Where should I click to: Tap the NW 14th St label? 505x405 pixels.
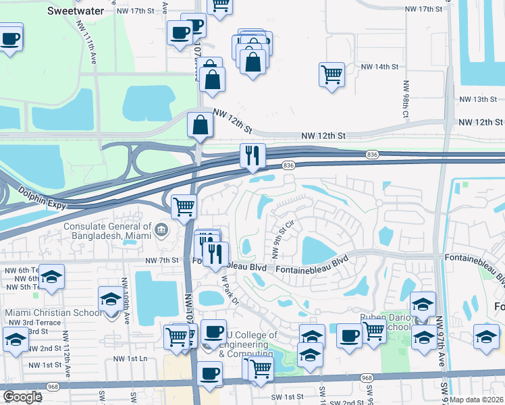coord(380,67)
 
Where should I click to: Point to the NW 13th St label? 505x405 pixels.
coord(477,99)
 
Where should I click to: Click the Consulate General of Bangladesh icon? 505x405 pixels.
coord(161,230)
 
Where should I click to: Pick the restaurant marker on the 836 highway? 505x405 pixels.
coord(252,156)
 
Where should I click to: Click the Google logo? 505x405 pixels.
coord(22,397)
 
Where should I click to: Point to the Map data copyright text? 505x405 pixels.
coord(477,400)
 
